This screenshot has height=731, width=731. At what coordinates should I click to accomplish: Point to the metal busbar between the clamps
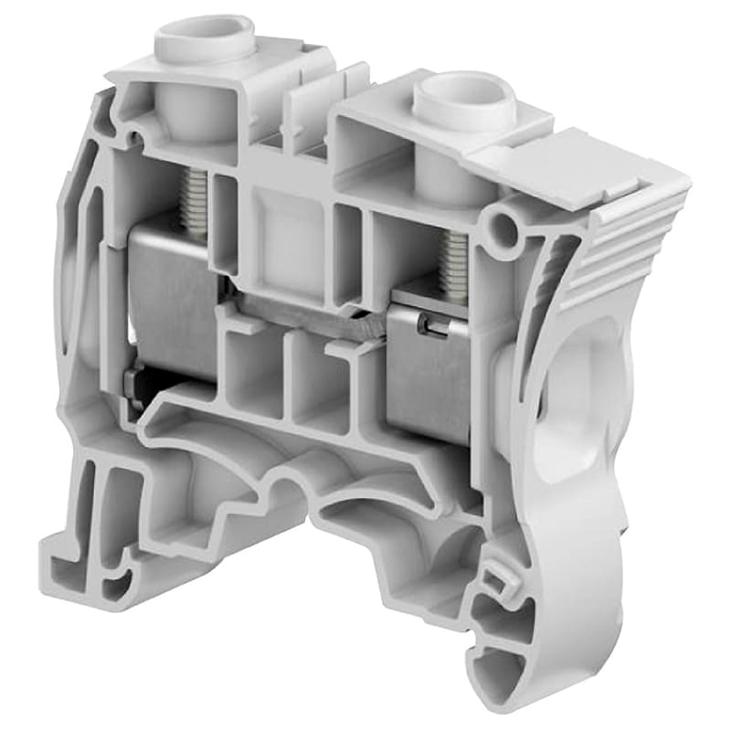click(311, 311)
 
